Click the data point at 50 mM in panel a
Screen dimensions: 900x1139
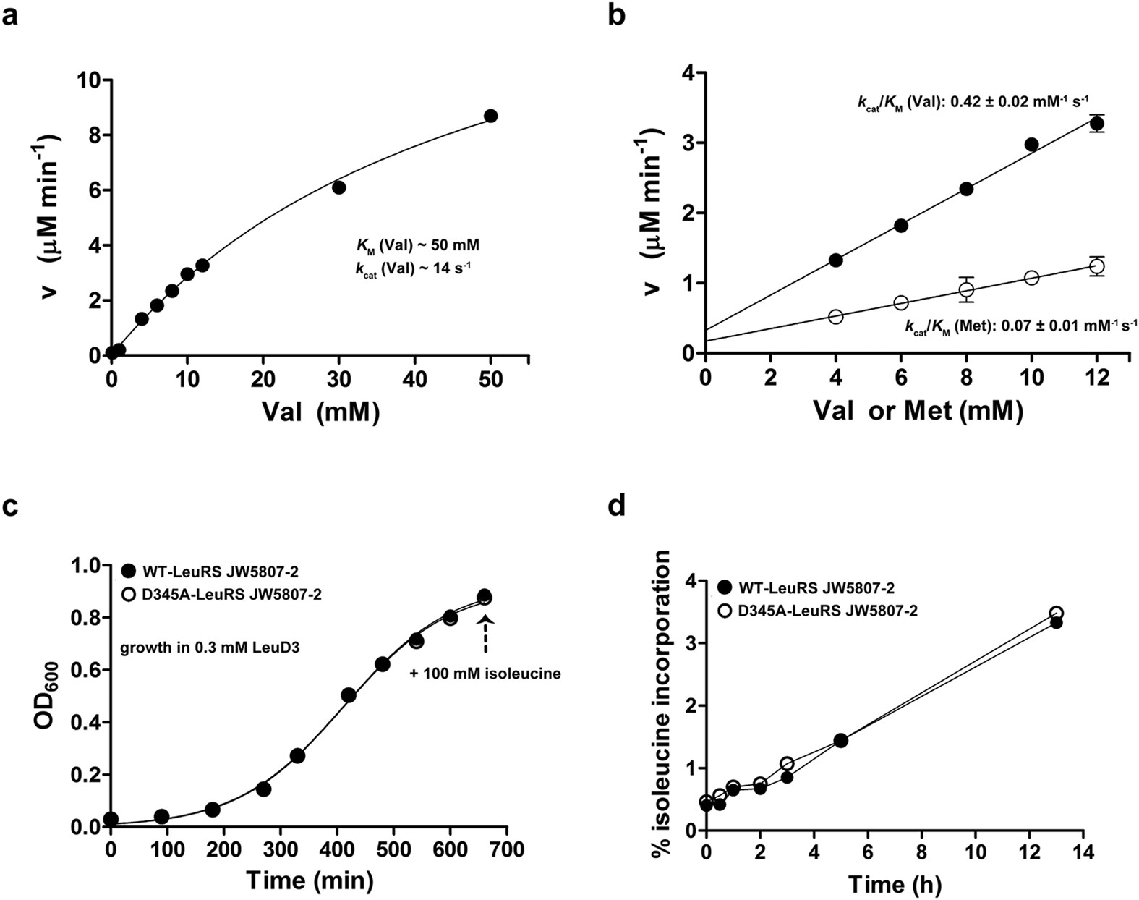coord(490,116)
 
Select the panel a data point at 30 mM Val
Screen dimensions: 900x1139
coord(338,187)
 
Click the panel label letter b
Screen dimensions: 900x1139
coord(617,15)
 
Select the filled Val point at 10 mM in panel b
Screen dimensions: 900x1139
coord(1031,145)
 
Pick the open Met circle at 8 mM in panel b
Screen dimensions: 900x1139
coord(966,289)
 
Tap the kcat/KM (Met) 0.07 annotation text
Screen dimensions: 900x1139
coord(1020,326)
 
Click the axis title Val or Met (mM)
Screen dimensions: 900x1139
coord(917,412)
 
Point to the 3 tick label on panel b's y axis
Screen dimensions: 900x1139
coord(688,143)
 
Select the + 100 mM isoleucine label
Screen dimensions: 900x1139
coord(485,674)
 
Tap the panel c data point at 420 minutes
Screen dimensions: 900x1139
coord(348,695)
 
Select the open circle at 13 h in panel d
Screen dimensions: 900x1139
coord(1056,613)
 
